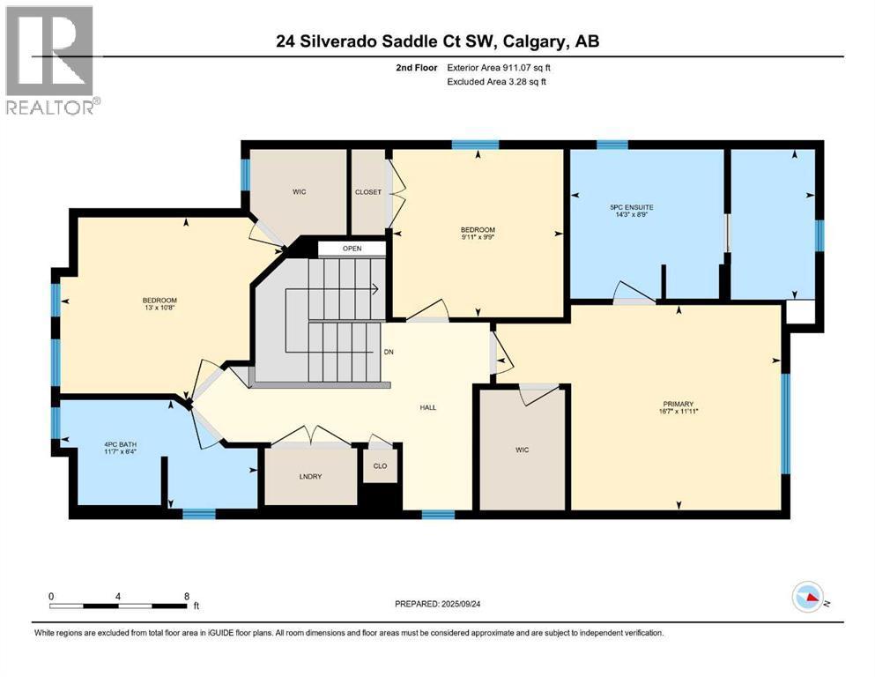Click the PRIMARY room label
point(678,404)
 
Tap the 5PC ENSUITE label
point(632,207)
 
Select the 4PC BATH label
point(121,445)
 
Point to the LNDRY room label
point(310,476)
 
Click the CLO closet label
point(380,466)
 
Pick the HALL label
point(428,407)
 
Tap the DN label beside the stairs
point(389,353)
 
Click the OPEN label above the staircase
point(352,249)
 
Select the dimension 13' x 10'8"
point(159,308)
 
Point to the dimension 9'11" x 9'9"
point(478,236)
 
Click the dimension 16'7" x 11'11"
point(678,412)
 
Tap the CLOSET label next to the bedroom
point(368,192)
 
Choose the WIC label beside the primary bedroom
point(523,450)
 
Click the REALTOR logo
point(51,60)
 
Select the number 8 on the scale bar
point(187,596)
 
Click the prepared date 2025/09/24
point(460,604)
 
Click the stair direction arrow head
point(376,289)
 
